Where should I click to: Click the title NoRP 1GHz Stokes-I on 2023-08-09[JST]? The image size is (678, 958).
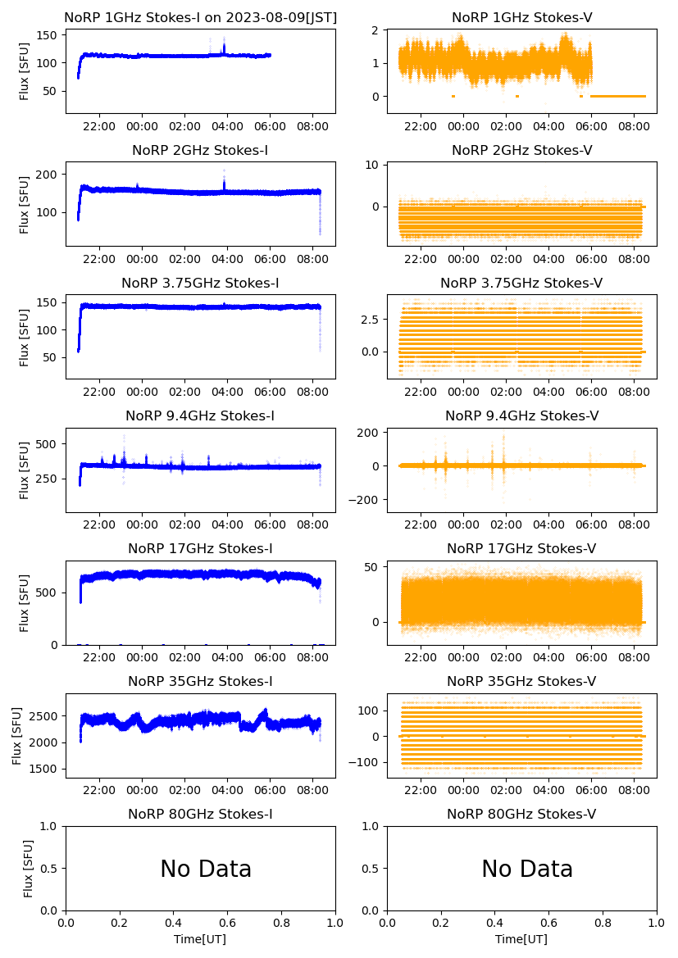[x=200, y=17]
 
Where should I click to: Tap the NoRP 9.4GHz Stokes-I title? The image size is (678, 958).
[x=200, y=415]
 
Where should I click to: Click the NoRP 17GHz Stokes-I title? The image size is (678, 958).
[x=200, y=548]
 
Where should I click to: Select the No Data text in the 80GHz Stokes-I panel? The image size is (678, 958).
[x=206, y=869]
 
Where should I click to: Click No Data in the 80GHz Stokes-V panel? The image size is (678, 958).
[x=527, y=869]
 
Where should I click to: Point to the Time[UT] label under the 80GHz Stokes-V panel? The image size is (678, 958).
[x=521, y=938]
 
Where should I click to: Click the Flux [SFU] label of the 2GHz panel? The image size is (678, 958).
[x=25, y=203]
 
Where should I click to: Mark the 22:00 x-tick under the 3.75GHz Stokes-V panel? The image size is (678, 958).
[x=421, y=393]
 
